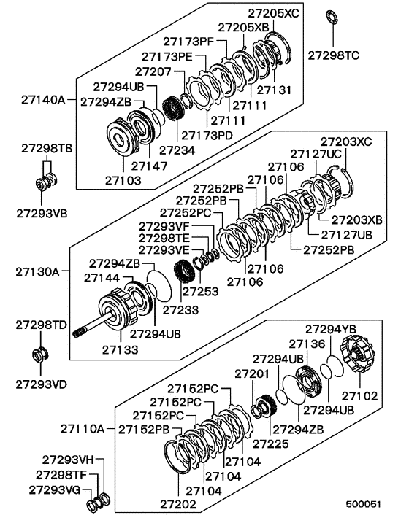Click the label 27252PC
click(186, 212)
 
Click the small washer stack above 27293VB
click(42, 181)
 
